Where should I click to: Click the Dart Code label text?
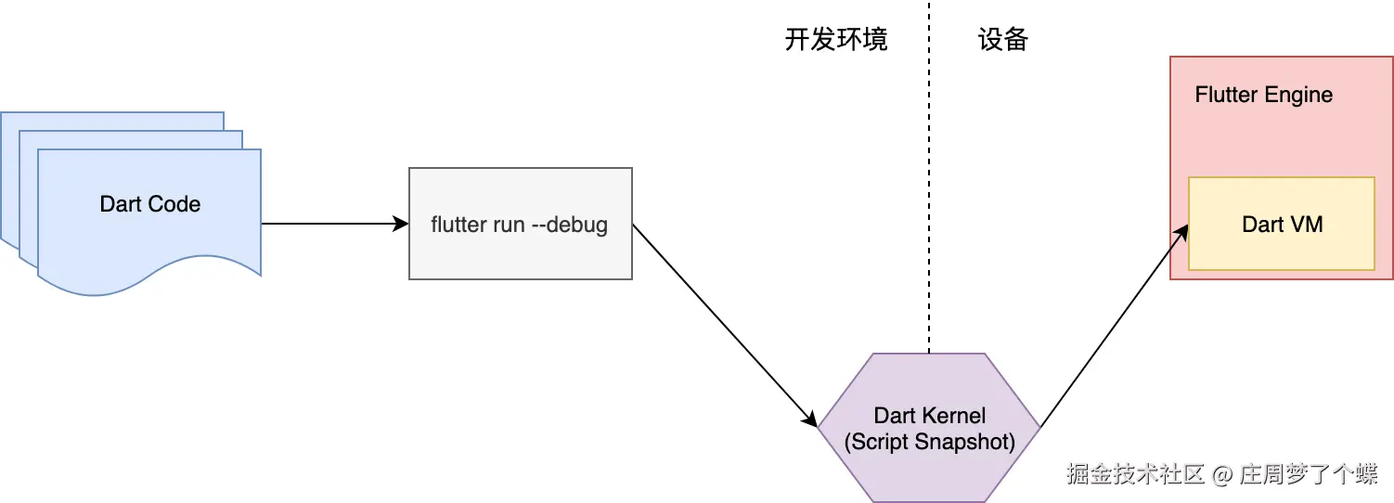[x=149, y=204]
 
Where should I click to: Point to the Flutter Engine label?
[x=1263, y=95]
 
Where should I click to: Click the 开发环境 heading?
[x=836, y=40]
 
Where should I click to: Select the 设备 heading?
[x=1003, y=40]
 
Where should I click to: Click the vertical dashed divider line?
[x=928, y=186]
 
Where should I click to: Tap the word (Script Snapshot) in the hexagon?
[x=929, y=443]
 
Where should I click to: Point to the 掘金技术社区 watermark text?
[x=1135, y=474]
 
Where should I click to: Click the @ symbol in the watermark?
[x=1222, y=474]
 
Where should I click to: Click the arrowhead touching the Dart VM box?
[x=1183, y=231]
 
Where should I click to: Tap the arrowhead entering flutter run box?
[x=402, y=224]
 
